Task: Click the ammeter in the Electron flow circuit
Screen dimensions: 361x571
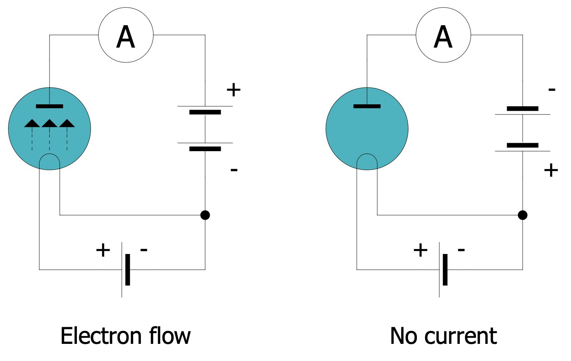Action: [x=126, y=35]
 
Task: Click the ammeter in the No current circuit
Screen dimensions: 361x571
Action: [x=443, y=35]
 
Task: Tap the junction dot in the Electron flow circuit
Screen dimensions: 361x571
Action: [x=205, y=215]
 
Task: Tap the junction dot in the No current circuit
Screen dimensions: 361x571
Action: [x=523, y=215]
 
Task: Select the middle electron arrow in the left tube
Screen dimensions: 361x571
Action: [x=49, y=124]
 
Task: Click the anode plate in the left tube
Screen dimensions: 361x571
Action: [x=49, y=106]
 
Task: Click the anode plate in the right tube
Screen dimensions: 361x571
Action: [x=367, y=106]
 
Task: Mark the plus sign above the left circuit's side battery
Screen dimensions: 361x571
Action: [x=234, y=90]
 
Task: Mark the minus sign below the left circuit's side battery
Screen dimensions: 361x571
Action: [x=234, y=169]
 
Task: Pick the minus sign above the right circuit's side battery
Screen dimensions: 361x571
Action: [x=552, y=90]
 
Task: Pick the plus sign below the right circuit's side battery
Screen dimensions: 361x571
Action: [x=551, y=170]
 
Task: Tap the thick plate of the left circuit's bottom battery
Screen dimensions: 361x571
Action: [x=128, y=270]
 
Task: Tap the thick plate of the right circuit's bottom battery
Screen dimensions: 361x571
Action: [x=445, y=270]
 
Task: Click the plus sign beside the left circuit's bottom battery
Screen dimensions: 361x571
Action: [x=103, y=250]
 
